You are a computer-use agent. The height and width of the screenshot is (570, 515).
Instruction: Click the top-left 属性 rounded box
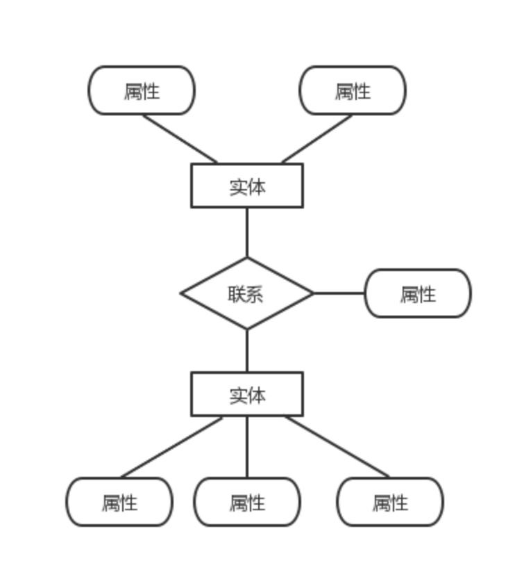[x=142, y=90]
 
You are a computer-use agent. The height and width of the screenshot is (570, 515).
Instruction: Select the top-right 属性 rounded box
[x=353, y=90]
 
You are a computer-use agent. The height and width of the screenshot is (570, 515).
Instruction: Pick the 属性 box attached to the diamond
[x=418, y=293]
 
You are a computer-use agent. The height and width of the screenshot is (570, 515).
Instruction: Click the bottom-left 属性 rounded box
[x=119, y=502]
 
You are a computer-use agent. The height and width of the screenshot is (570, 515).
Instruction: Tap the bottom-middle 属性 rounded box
[x=247, y=502]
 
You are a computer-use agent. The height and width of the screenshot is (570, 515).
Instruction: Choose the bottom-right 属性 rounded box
[x=390, y=502]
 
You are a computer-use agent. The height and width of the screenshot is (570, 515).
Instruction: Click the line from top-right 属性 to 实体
[x=316, y=139]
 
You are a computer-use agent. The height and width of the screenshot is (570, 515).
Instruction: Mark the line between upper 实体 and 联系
[x=247, y=232]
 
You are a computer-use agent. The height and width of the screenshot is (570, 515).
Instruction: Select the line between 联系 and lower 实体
[x=247, y=350]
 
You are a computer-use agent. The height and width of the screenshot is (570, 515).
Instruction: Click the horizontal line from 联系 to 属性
[x=339, y=293]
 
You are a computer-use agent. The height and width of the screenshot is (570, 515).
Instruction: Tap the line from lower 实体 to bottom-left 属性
[x=172, y=447]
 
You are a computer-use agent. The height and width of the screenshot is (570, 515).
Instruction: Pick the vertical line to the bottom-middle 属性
[x=247, y=447]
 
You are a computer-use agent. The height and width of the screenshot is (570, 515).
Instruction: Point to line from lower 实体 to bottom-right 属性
[x=337, y=447]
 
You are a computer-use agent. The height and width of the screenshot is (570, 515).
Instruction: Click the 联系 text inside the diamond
[x=246, y=294]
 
